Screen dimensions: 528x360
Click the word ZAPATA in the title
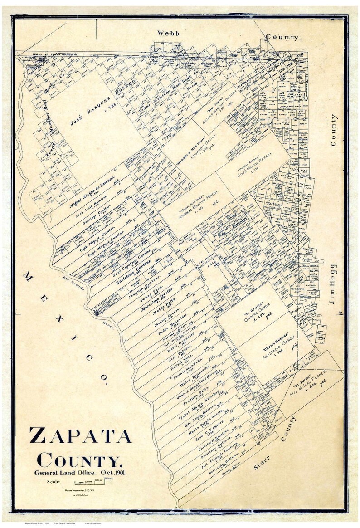click(x=80, y=435)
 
